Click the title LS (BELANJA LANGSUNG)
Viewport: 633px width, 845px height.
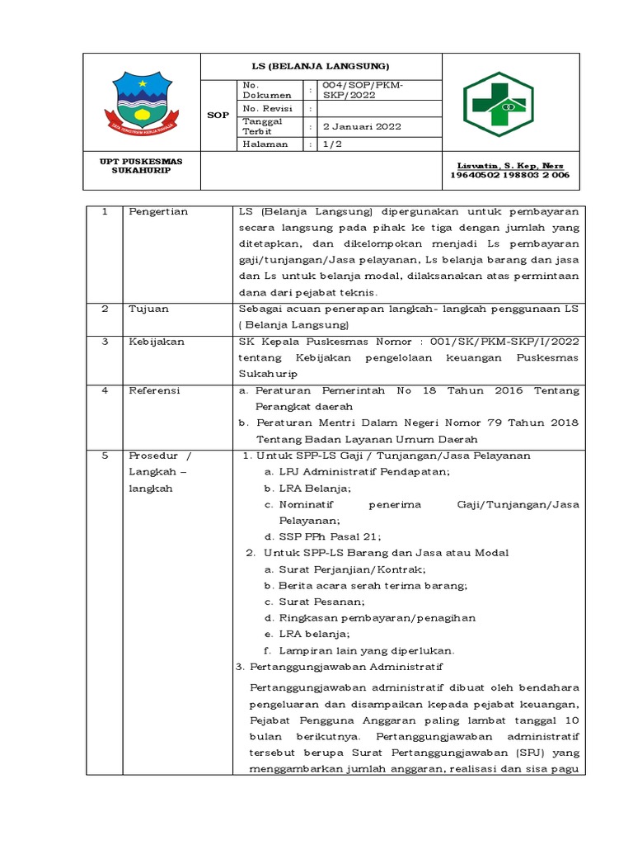[x=321, y=65]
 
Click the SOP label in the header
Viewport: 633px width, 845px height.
[x=218, y=116]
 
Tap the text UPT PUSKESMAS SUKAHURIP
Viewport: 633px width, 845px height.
[x=142, y=165]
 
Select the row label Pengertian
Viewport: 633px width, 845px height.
[x=158, y=212]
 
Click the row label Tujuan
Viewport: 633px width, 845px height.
[x=148, y=309]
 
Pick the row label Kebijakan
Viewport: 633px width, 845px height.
[x=156, y=341]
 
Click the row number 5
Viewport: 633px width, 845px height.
[x=105, y=456]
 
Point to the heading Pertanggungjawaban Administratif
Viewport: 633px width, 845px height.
[x=339, y=666]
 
